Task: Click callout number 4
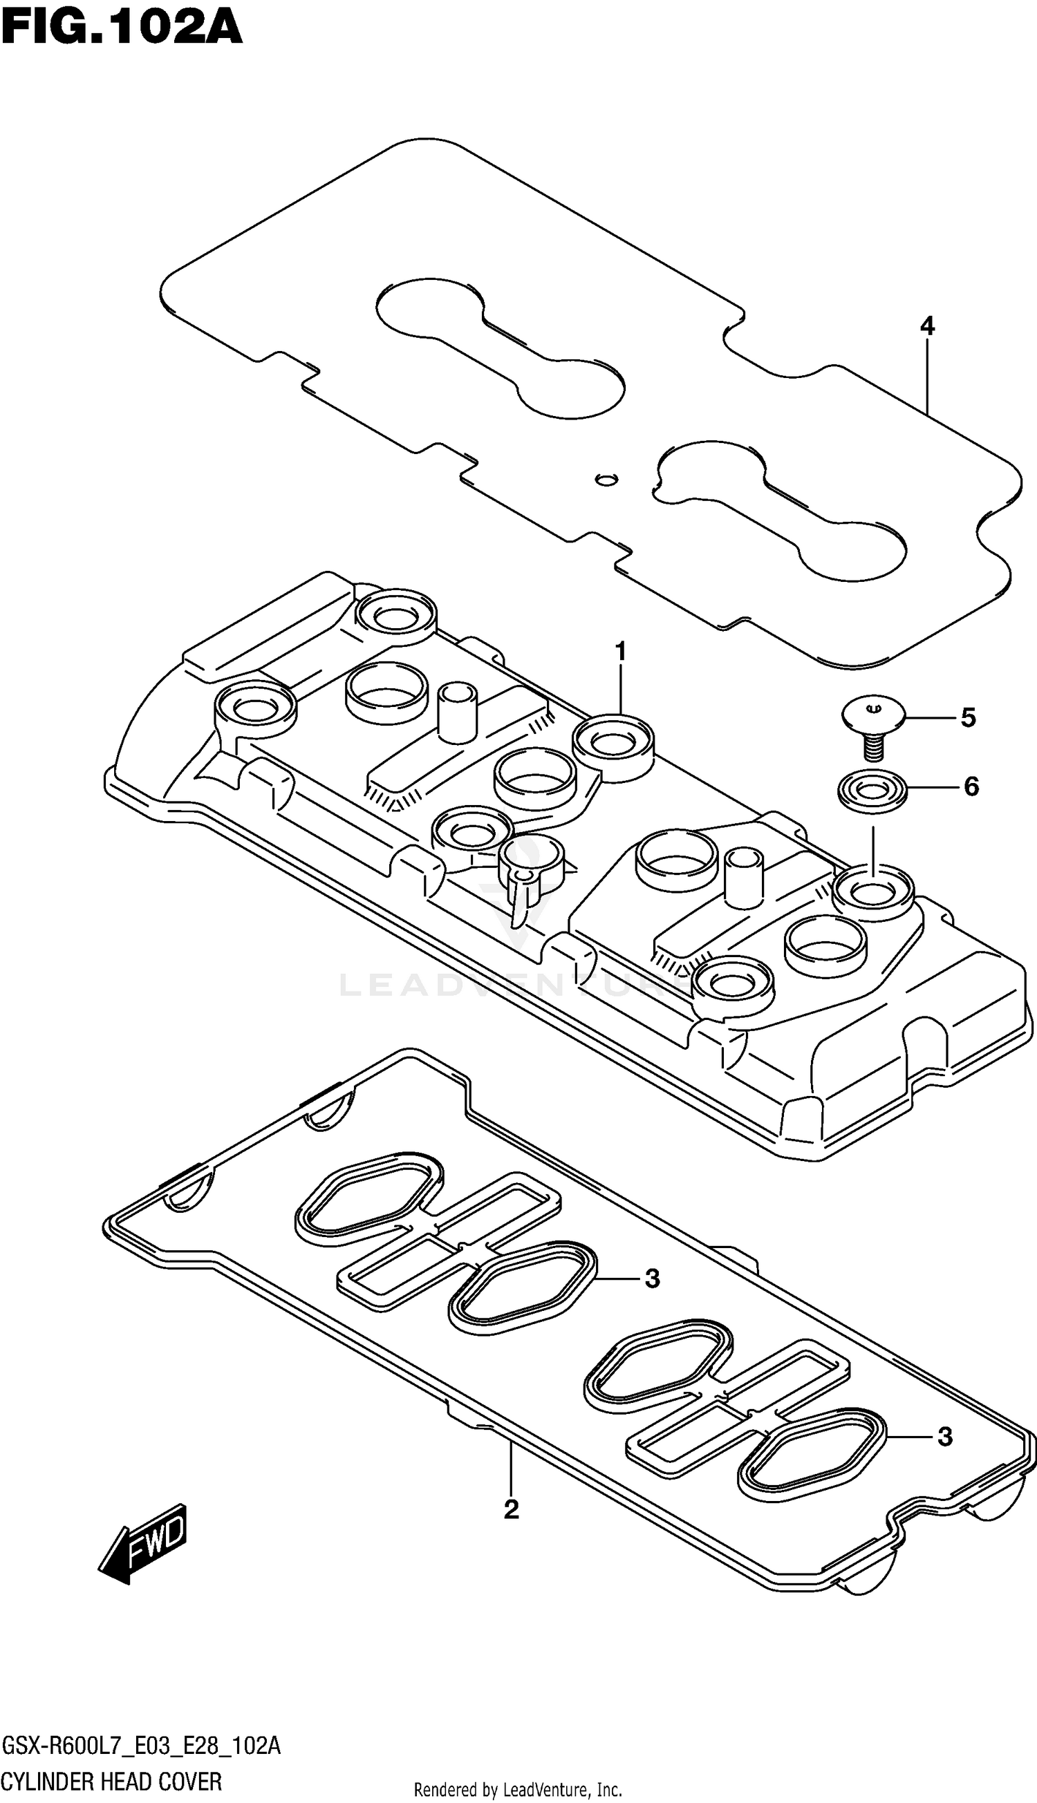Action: pos(926,327)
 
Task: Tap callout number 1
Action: pos(620,650)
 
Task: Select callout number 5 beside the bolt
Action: pos(968,717)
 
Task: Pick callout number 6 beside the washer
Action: pos(971,786)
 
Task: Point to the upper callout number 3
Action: pos(652,1279)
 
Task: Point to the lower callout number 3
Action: pos(944,1437)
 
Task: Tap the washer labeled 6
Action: pos(872,789)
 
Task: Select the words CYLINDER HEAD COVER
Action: pos(112,1781)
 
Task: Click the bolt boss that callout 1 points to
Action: pos(613,745)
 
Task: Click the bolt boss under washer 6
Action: pos(873,890)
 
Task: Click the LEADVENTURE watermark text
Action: pos(513,985)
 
